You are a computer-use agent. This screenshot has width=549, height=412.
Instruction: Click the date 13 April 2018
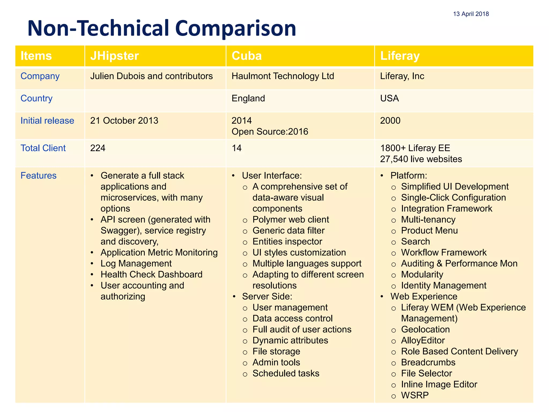click(x=471, y=14)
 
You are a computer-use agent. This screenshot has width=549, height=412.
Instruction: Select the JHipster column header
click(x=114, y=56)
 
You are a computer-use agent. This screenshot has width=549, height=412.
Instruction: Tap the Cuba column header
click(x=246, y=56)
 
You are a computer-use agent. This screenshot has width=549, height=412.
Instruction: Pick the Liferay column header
click(x=400, y=56)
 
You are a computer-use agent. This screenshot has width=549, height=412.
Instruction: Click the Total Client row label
click(x=43, y=148)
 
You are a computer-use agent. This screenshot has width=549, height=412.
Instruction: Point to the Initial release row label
click(x=47, y=121)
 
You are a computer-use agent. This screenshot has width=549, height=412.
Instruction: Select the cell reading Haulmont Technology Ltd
click(x=283, y=76)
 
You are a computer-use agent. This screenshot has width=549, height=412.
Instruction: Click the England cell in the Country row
click(x=248, y=98)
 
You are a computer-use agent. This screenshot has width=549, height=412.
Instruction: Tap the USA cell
click(x=389, y=98)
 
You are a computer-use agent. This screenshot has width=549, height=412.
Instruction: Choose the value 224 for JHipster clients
click(x=98, y=148)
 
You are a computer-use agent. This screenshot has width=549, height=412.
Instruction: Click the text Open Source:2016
click(x=270, y=132)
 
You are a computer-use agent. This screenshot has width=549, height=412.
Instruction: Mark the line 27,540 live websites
click(x=421, y=159)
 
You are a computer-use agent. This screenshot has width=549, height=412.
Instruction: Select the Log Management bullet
click(x=136, y=263)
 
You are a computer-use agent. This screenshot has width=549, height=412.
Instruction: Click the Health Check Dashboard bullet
click(x=151, y=274)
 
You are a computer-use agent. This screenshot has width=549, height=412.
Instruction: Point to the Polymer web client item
click(x=291, y=219)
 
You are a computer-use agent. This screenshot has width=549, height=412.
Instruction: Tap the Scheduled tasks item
click(x=286, y=373)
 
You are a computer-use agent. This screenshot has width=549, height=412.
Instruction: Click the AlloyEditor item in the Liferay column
click(x=423, y=340)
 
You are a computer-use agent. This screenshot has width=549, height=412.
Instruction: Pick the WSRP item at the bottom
click(x=415, y=395)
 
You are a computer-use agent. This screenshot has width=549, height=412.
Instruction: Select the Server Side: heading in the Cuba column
click(x=267, y=296)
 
